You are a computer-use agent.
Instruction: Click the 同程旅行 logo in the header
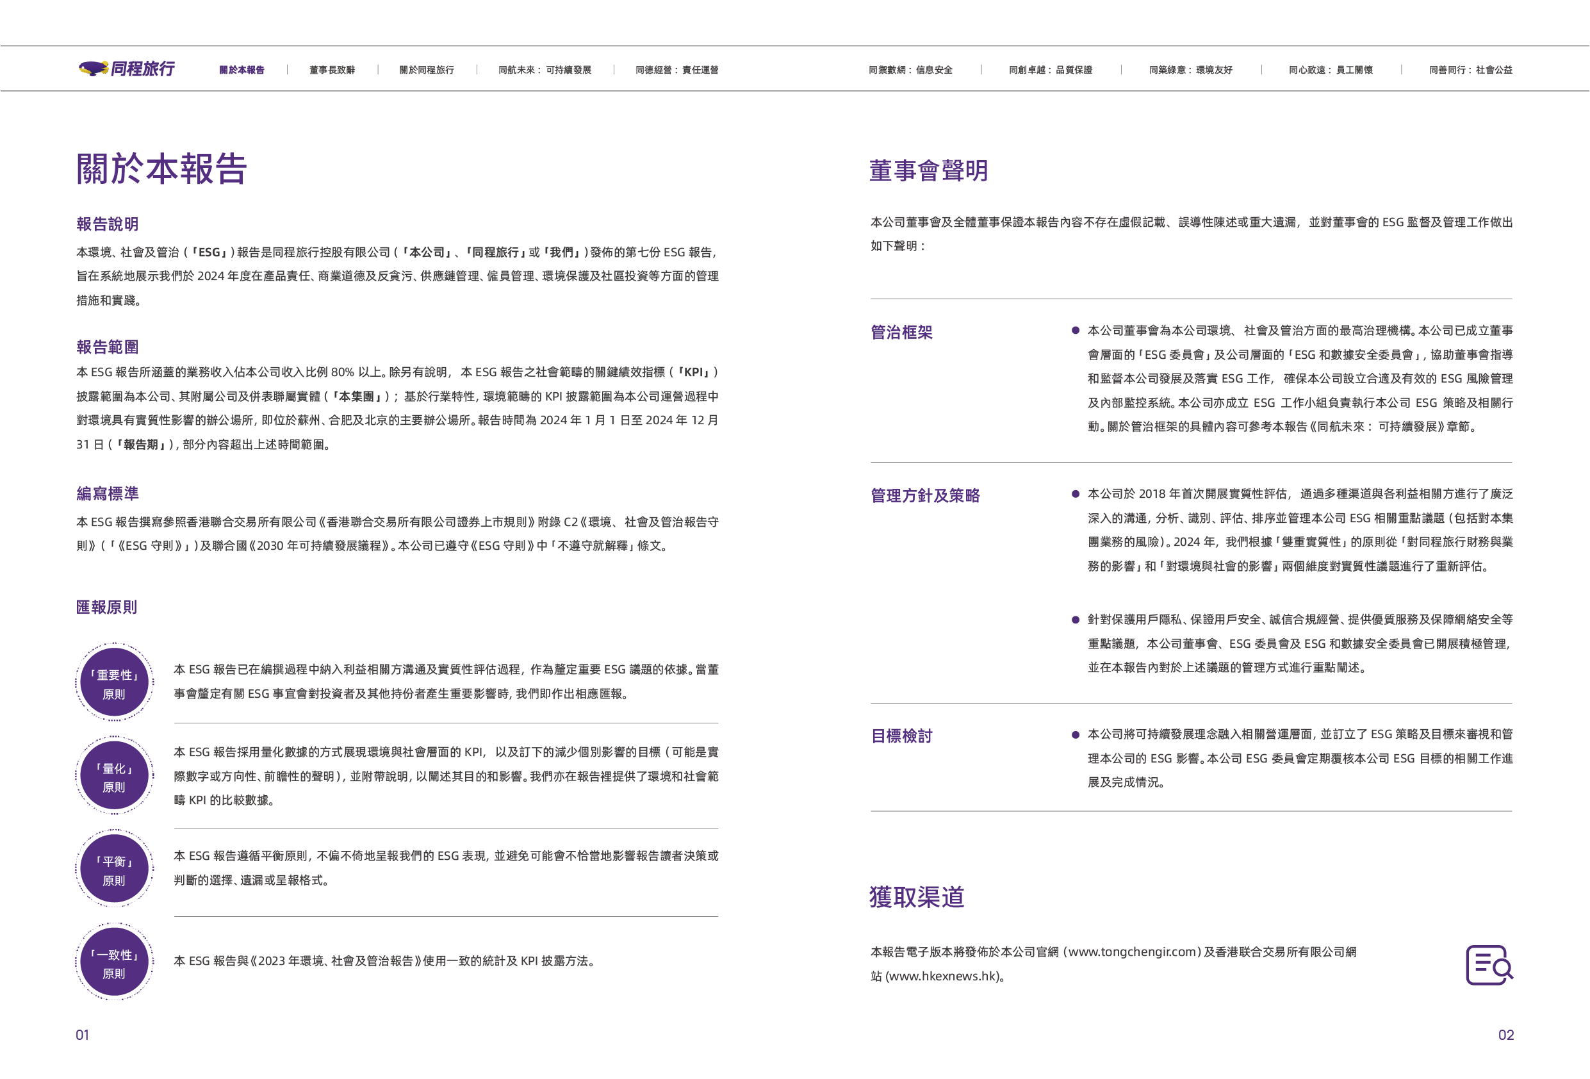coord(127,69)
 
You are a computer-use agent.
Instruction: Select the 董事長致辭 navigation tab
coord(332,70)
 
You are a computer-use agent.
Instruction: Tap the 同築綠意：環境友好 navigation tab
coord(1190,70)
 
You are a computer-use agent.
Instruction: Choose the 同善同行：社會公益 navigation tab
coord(1470,70)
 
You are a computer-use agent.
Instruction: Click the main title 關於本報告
coord(161,169)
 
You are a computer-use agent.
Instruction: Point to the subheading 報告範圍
coord(108,347)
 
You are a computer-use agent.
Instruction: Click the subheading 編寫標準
coord(108,493)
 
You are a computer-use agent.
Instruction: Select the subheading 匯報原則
coord(107,607)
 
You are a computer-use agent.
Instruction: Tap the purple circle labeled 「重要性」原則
coord(114,682)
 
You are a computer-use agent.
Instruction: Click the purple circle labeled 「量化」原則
coord(114,775)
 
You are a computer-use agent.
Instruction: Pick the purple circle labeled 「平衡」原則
coord(114,868)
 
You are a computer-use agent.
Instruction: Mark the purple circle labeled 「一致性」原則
coord(114,961)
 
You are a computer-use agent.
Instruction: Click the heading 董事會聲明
coord(928,170)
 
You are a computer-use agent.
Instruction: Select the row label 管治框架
coord(901,333)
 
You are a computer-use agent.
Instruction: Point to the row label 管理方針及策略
coord(925,495)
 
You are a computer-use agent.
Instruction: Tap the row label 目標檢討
coord(901,736)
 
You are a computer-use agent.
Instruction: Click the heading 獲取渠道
coord(917,897)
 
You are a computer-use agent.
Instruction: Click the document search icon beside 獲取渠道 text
coord(1489,965)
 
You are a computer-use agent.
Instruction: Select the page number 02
coord(1506,1035)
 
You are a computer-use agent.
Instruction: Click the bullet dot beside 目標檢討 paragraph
coord(1076,735)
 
